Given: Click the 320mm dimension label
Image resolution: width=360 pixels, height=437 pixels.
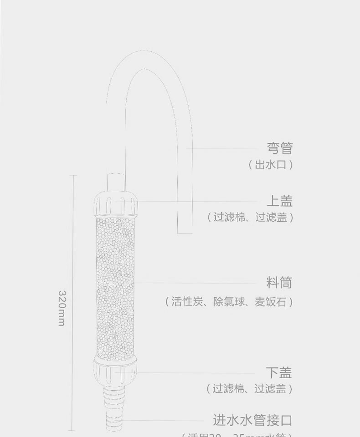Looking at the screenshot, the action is point(62,308).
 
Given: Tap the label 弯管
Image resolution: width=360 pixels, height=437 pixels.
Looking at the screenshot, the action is point(279,148).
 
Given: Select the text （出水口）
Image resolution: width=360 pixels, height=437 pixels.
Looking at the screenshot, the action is point(270,164).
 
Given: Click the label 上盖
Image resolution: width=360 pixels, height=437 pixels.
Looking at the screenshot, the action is point(279,201).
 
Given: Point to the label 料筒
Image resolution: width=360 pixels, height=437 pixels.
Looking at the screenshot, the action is point(279,283).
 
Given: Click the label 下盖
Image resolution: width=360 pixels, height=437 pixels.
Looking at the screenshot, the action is point(279,373).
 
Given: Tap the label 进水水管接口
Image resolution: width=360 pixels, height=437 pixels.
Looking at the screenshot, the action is point(252,420).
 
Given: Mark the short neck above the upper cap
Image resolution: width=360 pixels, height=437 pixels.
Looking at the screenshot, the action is point(115,182).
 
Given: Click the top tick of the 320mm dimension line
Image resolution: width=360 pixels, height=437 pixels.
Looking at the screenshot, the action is point(73,175).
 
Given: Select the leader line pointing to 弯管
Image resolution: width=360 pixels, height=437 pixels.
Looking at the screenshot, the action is point(223,148).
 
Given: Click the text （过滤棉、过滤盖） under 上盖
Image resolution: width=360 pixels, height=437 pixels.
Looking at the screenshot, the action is point(250,217).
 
